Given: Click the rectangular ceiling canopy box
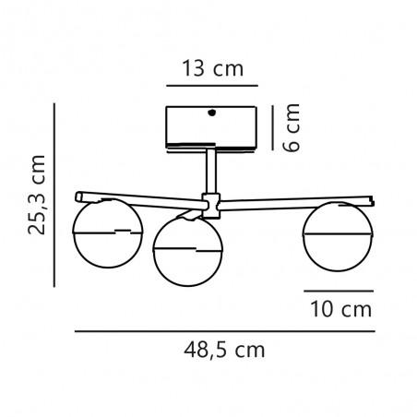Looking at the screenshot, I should pyautogui.click(x=210, y=128).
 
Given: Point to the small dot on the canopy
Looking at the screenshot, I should pyautogui.click(x=213, y=113).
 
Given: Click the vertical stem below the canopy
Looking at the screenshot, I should pyautogui.click(x=211, y=171).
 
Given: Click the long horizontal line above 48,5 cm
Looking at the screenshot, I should pyautogui.click(x=223, y=329).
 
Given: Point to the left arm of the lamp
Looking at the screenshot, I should pyautogui.click(x=138, y=198).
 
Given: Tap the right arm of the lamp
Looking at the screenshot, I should pyautogui.click(x=295, y=198).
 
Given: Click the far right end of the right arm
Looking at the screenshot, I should pyautogui.click(x=372, y=199).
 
